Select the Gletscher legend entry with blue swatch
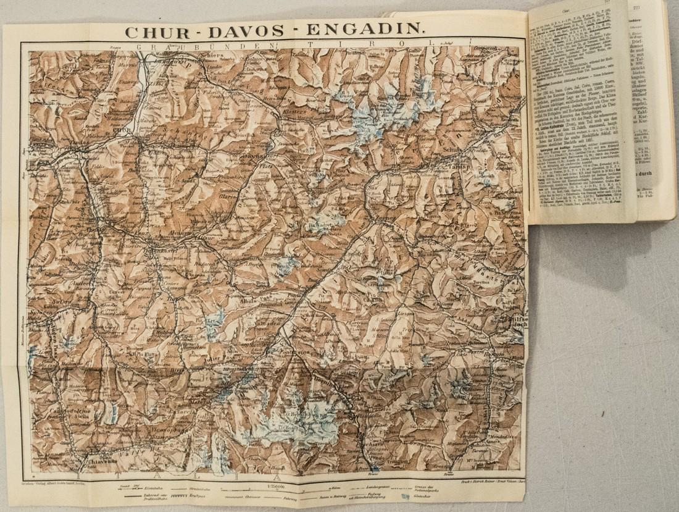(422, 496)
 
